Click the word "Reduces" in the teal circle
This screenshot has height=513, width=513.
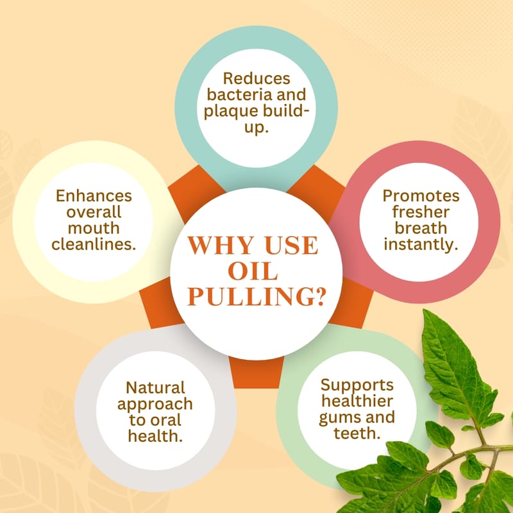click(256, 79)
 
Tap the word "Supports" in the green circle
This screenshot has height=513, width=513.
click(357, 385)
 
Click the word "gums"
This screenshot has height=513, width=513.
click(339, 417)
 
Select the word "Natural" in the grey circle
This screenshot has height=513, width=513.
click(155, 388)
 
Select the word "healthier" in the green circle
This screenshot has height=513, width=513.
click(357, 401)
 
